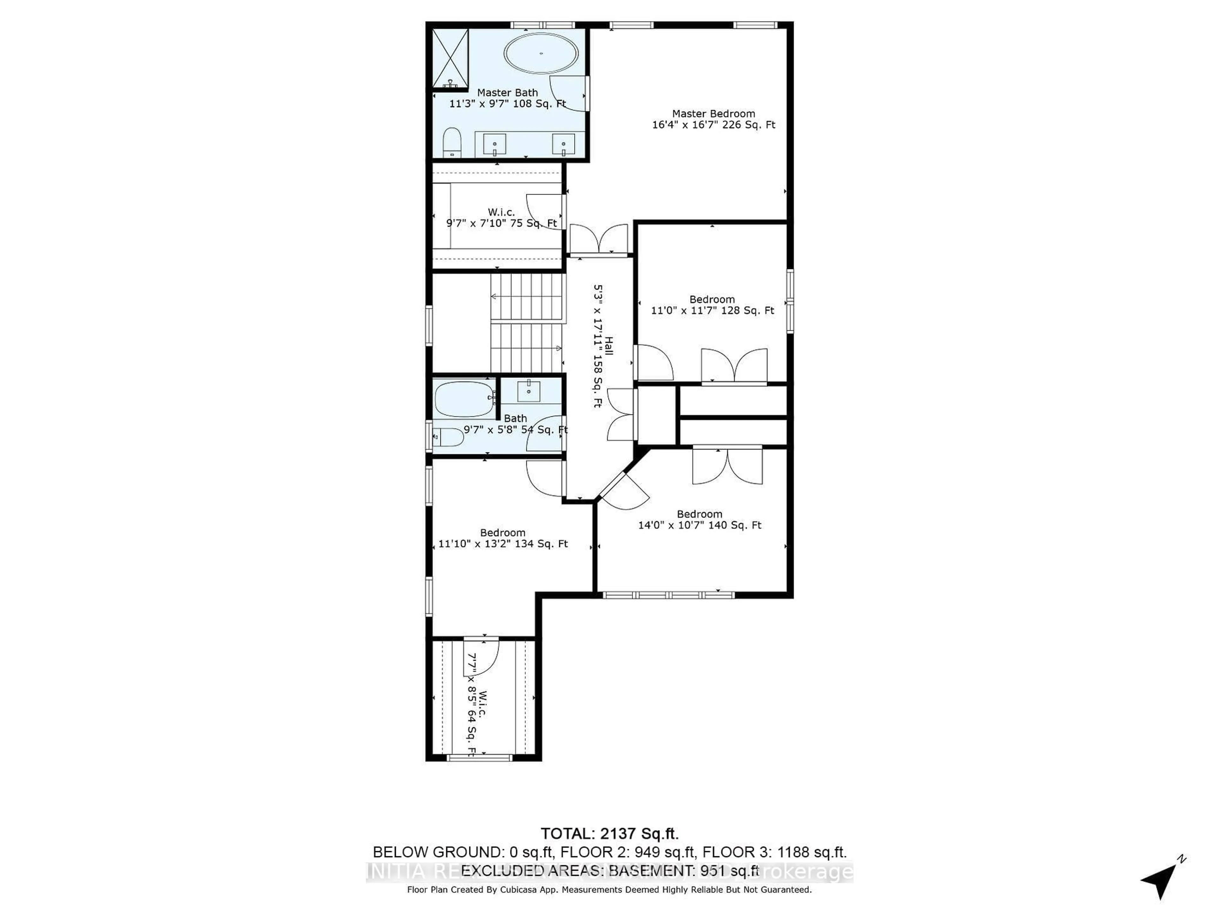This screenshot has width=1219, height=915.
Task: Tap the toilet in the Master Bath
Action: point(452,142)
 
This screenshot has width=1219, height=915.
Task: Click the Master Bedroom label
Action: point(713,114)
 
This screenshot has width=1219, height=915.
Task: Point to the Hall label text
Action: point(609,346)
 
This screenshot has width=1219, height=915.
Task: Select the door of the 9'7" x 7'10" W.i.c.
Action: point(544,213)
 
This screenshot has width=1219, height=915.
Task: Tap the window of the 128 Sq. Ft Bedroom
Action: point(790,301)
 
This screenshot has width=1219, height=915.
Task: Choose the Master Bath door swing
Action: point(569,93)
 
